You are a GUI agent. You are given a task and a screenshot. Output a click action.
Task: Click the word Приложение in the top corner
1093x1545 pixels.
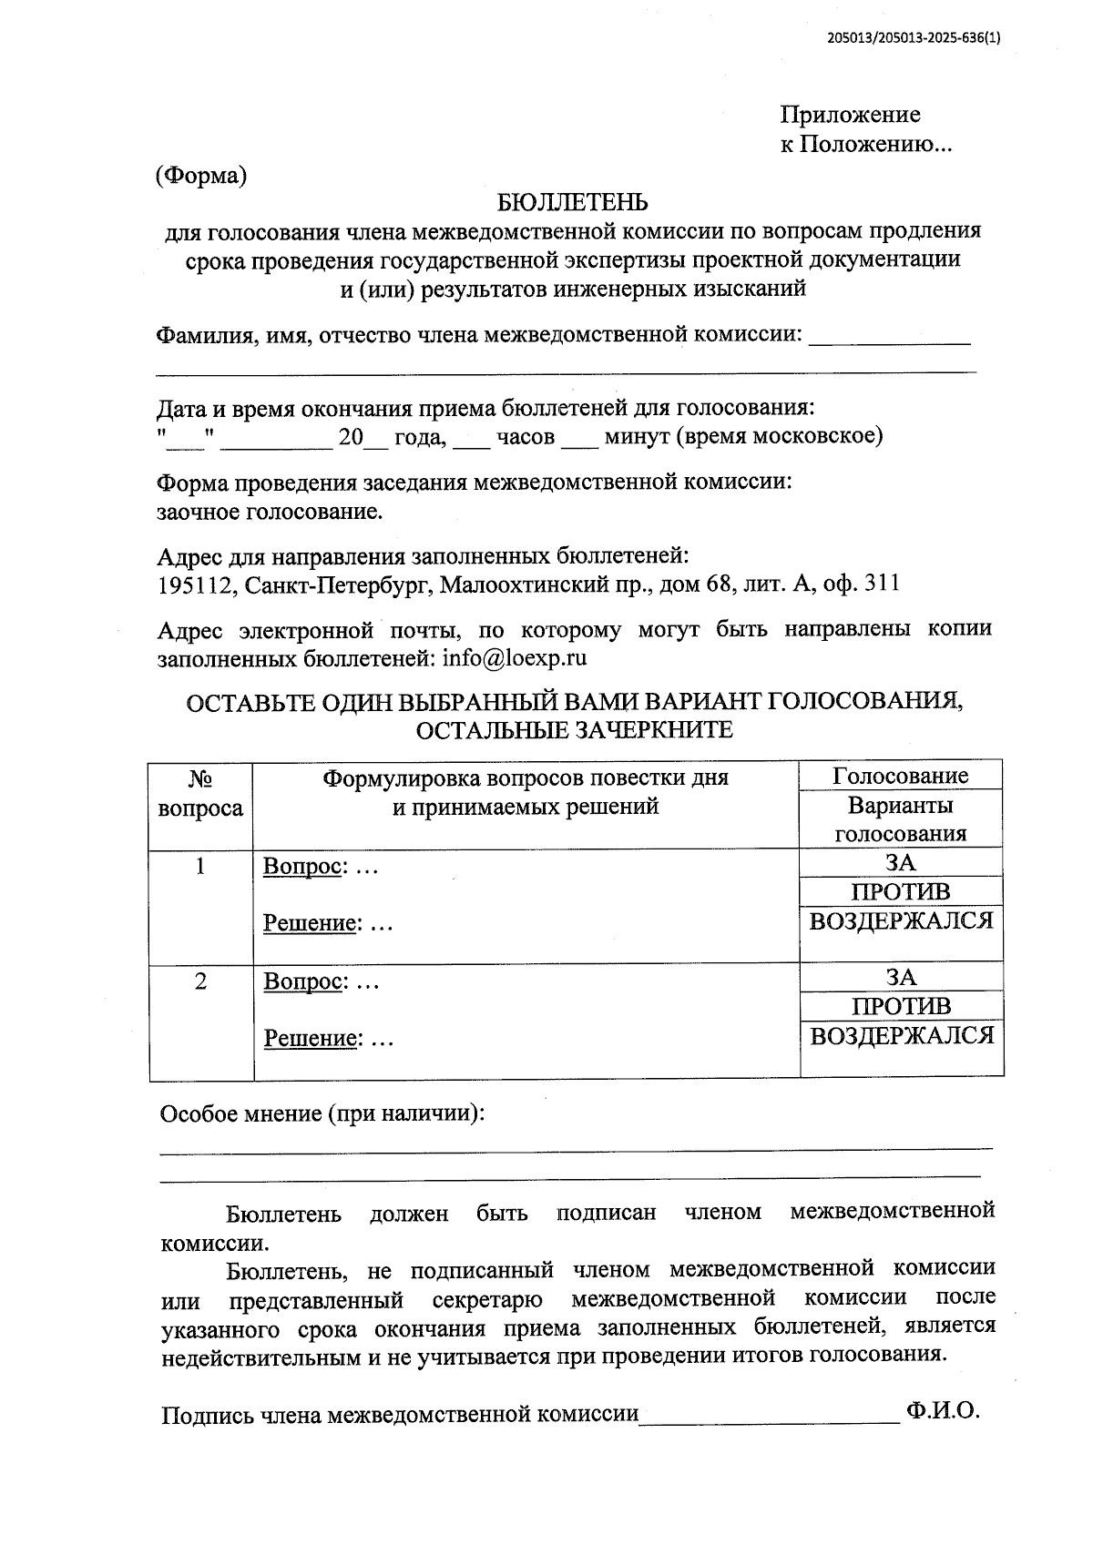(x=849, y=115)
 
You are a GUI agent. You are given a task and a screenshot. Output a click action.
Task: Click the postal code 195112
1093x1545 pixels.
(x=195, y=584)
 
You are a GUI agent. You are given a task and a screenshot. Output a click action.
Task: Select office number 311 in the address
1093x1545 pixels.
(x=881, y=584)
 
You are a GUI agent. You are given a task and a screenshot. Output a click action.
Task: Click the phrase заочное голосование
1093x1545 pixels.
(x=270, y=512)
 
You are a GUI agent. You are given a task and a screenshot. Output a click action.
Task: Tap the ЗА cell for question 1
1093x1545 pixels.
(x=900, y=863)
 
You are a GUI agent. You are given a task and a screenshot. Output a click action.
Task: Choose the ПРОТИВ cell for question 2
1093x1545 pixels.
(x=901, y=1006)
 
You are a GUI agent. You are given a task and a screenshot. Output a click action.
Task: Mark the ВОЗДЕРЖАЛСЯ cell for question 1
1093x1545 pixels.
(x=901, y=921)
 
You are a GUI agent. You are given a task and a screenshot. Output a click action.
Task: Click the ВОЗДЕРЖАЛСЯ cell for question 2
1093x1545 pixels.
(x=902, y=1036)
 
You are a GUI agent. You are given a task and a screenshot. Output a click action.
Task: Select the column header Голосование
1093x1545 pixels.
(x=900, y=777)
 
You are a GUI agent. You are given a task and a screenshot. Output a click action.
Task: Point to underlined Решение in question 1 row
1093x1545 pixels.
(x=308, y=923)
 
